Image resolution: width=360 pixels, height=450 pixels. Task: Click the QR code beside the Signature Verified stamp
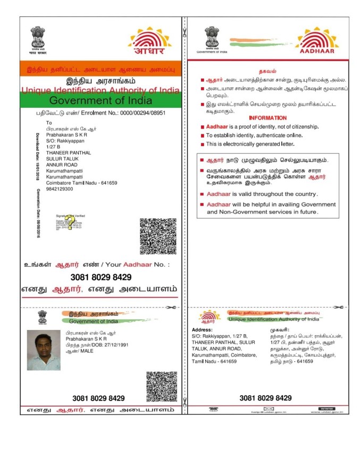pyautogui.click(x=158, y=236)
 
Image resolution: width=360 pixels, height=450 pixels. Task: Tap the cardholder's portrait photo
pyautogui.click(x=44, y=350)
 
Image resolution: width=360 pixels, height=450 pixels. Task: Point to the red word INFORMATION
pyautogui.click(x=267, y=117)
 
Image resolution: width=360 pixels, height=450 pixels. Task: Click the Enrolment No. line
pyautogui.click(x=101, y=113)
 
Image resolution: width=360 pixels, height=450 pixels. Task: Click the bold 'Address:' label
pyautogui.click(x=202, y=330)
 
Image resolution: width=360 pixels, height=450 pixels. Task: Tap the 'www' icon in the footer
pyautogui.click(x=325, y=409)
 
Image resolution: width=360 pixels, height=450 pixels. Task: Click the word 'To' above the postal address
pyautogui.click(x=49, y=123)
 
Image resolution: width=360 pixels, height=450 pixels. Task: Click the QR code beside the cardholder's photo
pyautogui.click(x=161, y=387)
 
